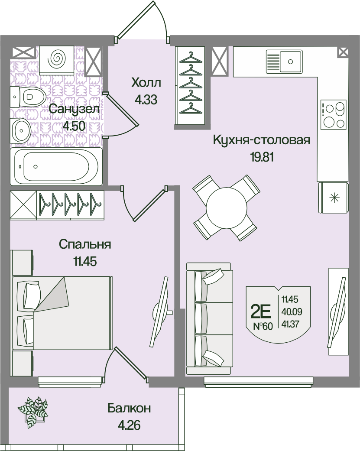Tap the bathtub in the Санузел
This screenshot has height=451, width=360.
tap(56, 166)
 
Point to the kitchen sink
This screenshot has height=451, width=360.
tap(284, 61)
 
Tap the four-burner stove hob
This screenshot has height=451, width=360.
tap(333, 114)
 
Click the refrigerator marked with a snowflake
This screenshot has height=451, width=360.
tap(334, 198)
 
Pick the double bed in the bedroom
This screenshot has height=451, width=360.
tap(62, 313)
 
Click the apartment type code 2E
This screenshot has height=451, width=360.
tap(261, 311)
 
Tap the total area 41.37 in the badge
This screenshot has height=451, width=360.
tap(290, 324)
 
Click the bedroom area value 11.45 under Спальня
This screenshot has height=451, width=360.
tap(85, 262)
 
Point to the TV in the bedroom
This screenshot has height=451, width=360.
tap(160, 312)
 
